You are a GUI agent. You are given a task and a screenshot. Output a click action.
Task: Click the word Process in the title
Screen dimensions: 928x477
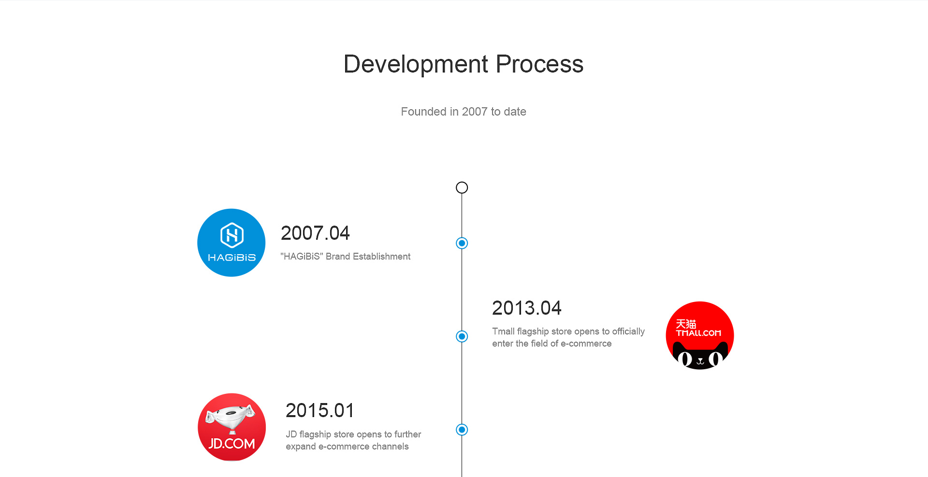click(x=540, y=64)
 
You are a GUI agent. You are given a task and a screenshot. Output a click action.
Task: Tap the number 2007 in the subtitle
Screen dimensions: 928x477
click(x=475, y=112)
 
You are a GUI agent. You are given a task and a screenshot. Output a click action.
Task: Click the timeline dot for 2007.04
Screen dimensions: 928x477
click(x=462, y=243)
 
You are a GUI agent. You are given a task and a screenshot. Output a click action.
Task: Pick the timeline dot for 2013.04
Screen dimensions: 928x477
click(x=462, y=336)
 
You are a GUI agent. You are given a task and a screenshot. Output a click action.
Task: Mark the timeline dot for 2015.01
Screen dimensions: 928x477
click(x=462, y=430)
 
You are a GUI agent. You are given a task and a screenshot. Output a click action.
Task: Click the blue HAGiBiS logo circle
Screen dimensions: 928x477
click(x=232, y=243)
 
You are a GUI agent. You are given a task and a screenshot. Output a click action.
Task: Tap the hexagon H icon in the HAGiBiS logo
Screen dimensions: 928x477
click(x=232, y=235)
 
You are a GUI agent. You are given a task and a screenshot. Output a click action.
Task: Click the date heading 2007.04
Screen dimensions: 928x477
click(x=315, y=233)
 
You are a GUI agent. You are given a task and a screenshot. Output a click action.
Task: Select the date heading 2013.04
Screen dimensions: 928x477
click(x=527, y=308)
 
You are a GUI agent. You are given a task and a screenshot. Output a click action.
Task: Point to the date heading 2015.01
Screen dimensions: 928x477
click(x=320, y=411)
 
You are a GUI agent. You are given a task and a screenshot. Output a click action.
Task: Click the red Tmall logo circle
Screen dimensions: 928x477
click(x=700, y=335)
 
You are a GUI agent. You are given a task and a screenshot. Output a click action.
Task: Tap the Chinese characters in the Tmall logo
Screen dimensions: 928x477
click(x=686, y=324)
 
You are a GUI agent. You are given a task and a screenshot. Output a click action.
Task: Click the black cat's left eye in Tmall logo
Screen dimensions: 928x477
click(x=685, y=359)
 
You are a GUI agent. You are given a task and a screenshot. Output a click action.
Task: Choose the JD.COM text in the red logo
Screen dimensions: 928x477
click(x=232, y=444)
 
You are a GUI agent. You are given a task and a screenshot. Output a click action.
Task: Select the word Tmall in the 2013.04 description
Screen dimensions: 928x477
click(x=504, y=332)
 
